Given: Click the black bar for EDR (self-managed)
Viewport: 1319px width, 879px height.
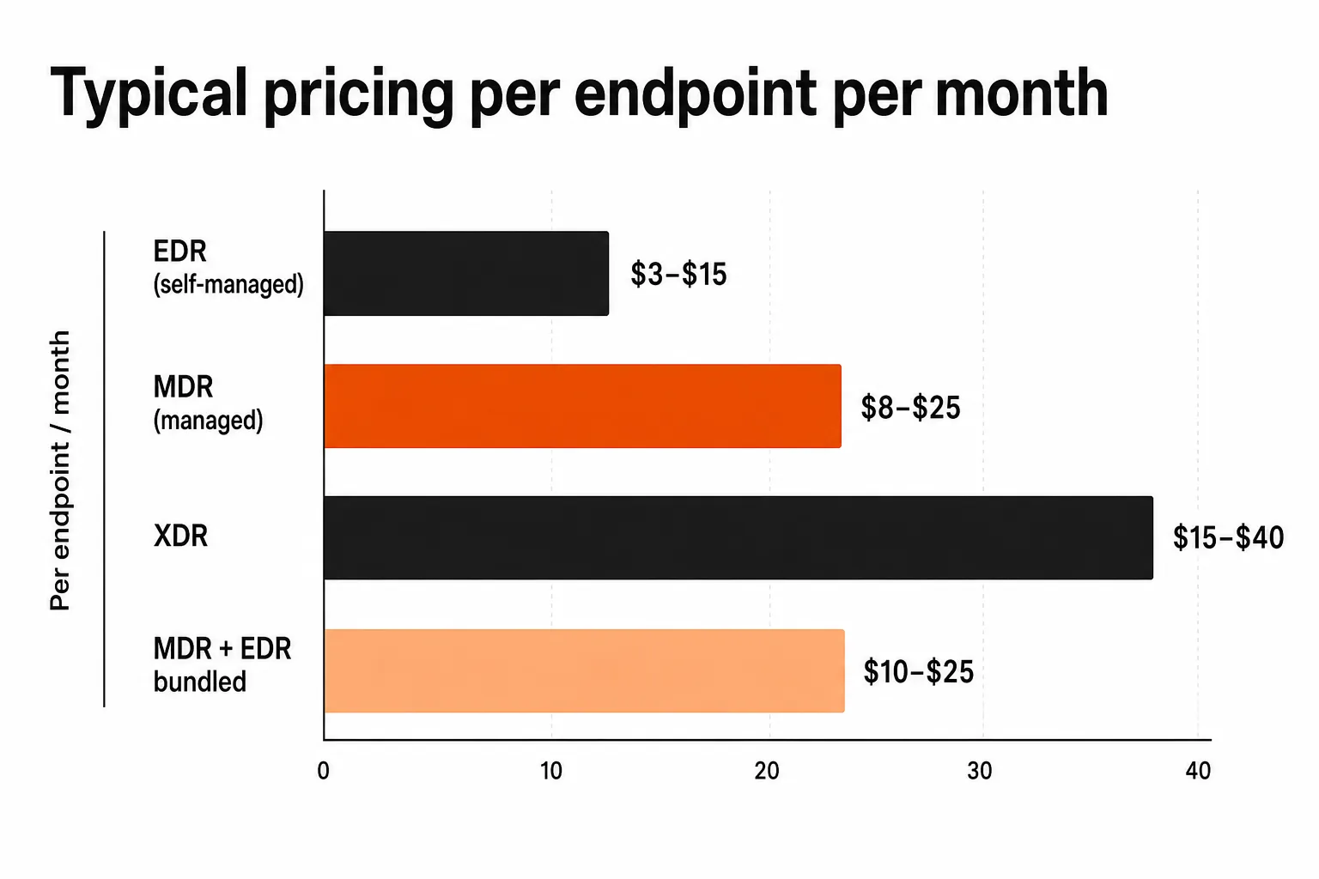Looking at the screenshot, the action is coord(466,273).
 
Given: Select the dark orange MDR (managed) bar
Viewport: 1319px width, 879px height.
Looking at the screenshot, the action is coord(582,406).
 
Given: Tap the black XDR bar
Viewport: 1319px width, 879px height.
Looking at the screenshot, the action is coord(739,537).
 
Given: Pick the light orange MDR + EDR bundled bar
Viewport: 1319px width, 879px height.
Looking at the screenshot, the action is coord(584,670).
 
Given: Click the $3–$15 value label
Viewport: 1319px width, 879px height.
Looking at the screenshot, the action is coord(678,275).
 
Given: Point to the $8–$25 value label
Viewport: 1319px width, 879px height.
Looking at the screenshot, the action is coord(910,408).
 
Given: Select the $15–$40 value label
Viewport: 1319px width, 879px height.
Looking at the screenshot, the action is coord(1228,537).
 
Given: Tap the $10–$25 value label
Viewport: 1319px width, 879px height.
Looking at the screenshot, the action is coord(919,672).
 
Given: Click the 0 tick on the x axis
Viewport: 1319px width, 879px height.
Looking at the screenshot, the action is coord(323,771).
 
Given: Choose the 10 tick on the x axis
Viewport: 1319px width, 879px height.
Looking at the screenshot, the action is coord(551,771).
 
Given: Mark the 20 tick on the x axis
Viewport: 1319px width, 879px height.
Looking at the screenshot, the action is coord(767,771).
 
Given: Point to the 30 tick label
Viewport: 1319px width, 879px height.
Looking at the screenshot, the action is coord(980,771).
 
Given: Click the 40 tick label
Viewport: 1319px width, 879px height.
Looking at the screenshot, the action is coord(1198,771).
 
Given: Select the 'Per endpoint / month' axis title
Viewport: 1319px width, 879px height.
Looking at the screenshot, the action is coord(60,470).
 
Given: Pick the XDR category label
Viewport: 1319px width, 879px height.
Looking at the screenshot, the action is coord(180,536).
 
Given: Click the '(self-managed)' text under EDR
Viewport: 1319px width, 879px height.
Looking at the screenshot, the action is coord(228,284).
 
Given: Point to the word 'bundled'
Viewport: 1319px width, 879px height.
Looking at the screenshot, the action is coord(199,682).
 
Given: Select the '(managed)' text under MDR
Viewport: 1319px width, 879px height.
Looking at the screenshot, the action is coord(208,421).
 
